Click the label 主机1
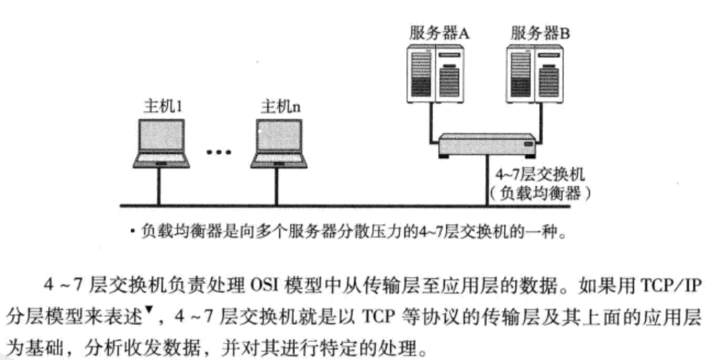(162, 107)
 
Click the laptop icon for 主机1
(161, 143)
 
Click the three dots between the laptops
(219, 152)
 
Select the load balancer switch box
(487, 146)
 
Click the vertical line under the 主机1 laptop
(159, 187)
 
